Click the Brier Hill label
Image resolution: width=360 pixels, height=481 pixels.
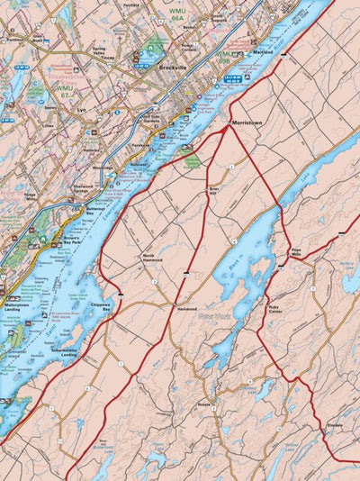tap(214, 188)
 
